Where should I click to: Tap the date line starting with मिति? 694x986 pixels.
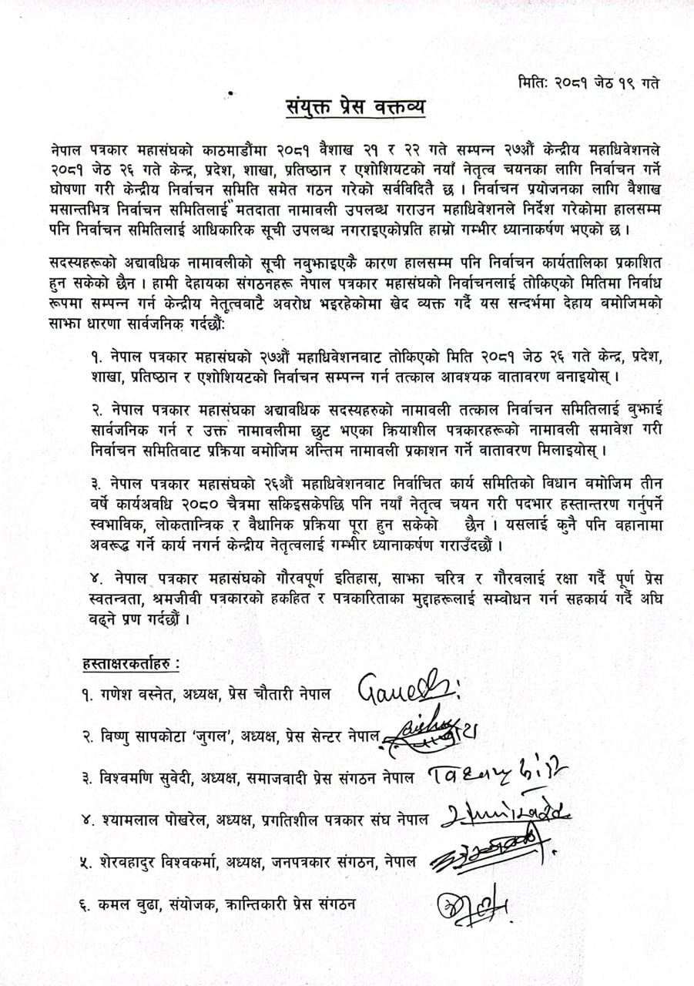coord(586,82)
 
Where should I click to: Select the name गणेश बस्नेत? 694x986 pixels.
coord(140,694)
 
